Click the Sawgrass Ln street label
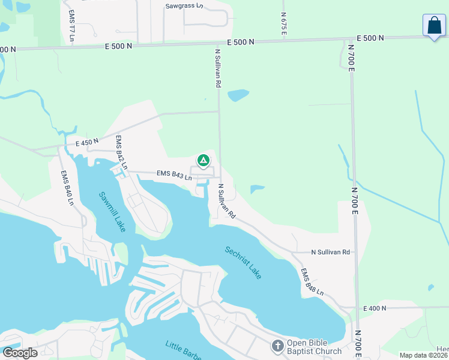click(184, 6)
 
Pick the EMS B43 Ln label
click(174, 175)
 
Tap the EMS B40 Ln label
click(67, 188)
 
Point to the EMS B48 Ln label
click(312, 282)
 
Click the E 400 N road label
click(375, 308)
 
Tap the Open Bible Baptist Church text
click(314, 347)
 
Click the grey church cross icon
click(277, 346)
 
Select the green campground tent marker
click(203, 160)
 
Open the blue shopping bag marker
click(434, 26)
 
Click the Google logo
click(20, 353)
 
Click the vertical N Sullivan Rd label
click(218, 68)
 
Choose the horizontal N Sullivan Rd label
click(330, 253)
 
